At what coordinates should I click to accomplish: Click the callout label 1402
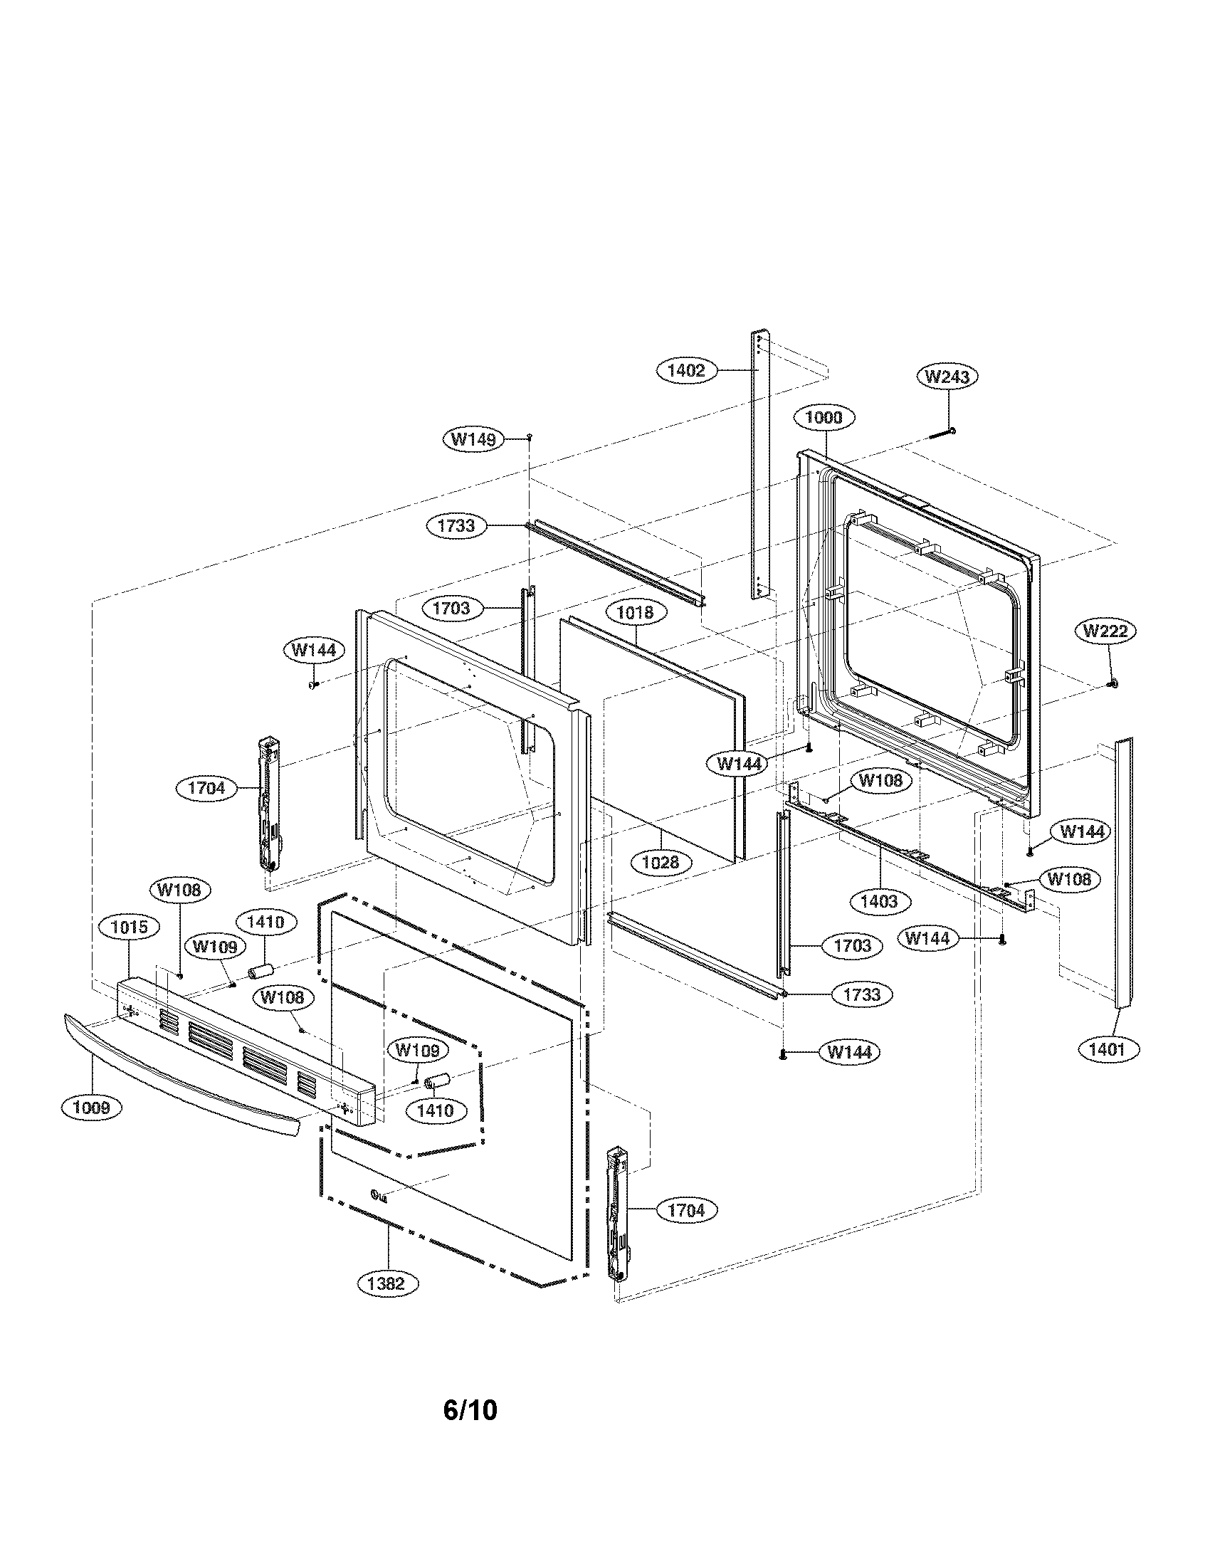pos(686,370)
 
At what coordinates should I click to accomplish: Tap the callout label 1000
pos(824,417)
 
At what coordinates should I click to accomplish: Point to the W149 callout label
pos(474,439)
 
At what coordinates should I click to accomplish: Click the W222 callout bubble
pos(1105,631)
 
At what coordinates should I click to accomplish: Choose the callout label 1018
pos(635,611)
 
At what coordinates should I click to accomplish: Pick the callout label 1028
pos(660,862)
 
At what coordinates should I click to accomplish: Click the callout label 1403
pos(879,901)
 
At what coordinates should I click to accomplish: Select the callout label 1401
pos(1108,1050)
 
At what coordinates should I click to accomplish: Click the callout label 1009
pos(92,1108)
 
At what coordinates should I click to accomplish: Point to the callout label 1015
pos(130,927)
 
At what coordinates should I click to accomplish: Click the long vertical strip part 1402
pos(759,466)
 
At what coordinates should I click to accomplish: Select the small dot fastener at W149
pos(529,436)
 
